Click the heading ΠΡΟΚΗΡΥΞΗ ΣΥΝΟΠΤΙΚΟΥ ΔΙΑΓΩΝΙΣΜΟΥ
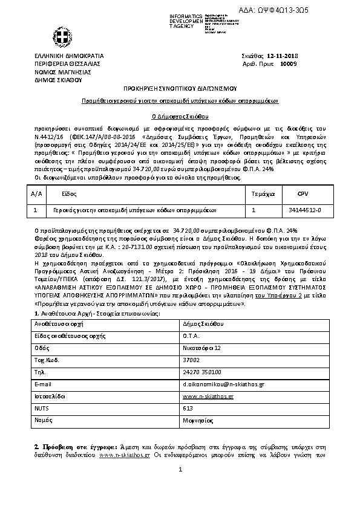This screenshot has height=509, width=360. [180, 88]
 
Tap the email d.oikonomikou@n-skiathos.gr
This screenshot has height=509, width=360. [223, 384]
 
